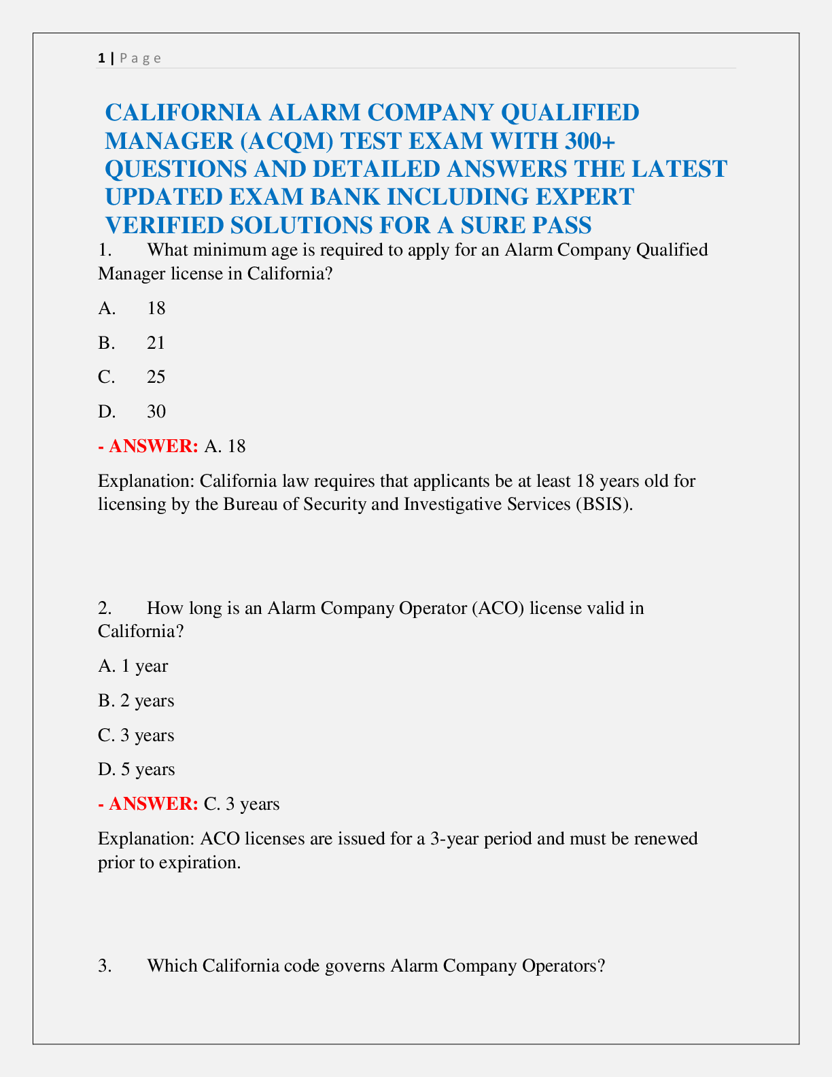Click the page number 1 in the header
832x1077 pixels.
[x=101, y=58]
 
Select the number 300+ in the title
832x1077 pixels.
[x=589, y=141]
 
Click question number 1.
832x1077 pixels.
[x=104, y=250]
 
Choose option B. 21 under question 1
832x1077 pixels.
[x=132, y=343]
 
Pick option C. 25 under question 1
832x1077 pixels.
[x=132, y=377]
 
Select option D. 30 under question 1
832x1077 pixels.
[x=132, y=412]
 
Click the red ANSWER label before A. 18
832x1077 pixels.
[x=153, y=447]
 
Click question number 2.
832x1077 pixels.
[x=104, y=608]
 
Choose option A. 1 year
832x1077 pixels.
[x=133, y=666]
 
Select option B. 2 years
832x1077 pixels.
[x=136, y=701]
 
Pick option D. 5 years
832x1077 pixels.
[x=136, y=770]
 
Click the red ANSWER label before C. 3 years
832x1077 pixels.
[x=153, y=804]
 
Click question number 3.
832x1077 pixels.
[x=104, y=965]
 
